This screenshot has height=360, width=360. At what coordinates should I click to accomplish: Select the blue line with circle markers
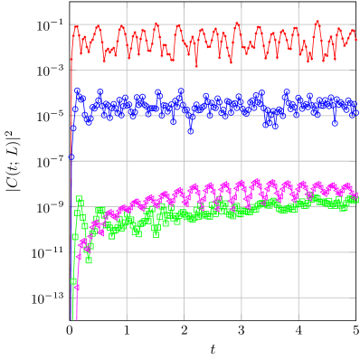tap(226, 108)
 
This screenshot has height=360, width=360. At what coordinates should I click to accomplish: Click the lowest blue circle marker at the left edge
tap(71, 157)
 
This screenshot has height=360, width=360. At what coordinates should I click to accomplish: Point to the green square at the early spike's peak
tap(79, 200)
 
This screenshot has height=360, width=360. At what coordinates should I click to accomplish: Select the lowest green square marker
tap(73, 281)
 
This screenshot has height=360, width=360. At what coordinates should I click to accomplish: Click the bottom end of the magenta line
tap(76, 317)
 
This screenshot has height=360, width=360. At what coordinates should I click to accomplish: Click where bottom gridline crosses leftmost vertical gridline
tap(127, 298)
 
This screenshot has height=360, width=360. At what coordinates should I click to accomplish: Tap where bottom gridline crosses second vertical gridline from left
tap(184, 298)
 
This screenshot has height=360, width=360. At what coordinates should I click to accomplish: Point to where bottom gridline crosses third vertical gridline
tap(242, 298)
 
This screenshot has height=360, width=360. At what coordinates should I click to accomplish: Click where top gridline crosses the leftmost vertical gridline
tap(127, 24)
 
